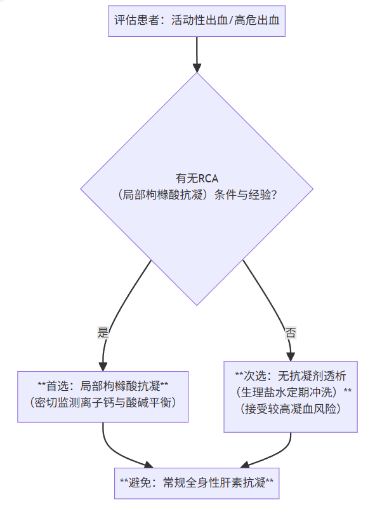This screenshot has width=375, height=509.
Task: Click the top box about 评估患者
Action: pos(197,20)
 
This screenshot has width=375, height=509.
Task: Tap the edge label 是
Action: pos(103,332)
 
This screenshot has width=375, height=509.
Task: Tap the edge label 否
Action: pos(290,332)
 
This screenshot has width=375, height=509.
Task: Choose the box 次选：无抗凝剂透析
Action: pos(291,397)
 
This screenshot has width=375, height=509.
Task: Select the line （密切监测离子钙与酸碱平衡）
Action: pos(103,403)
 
